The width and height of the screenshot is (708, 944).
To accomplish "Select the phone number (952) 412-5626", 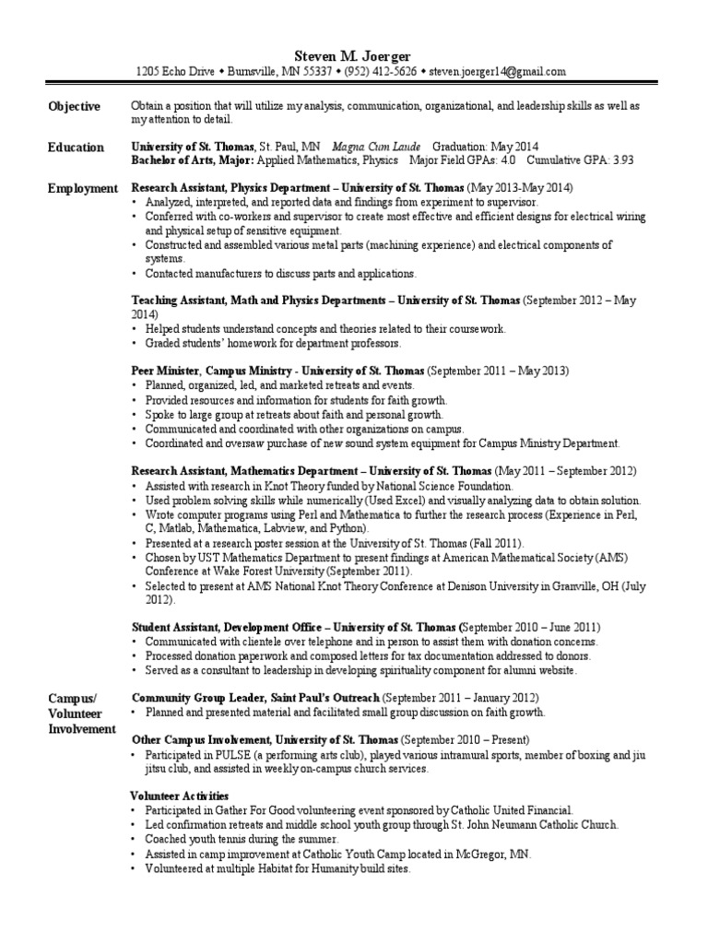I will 379,72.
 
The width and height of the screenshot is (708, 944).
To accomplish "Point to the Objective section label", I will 74,107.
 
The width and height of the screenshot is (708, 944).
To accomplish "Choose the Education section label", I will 76,147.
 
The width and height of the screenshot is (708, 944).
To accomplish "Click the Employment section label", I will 83,188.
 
